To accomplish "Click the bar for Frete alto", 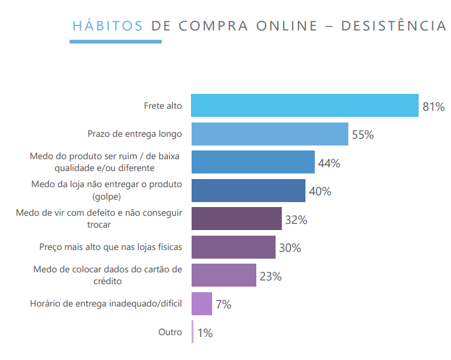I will pyautogui.click(x=304, y=106).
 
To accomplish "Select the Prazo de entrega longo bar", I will pyautogui.click(x=269, y=134).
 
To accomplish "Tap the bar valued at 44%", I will pyautogui.click(x=253, y=162).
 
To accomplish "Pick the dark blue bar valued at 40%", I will pyautogui.click(x=248, y=191).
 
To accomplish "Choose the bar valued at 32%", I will pyautogui.click(x=236, y=219).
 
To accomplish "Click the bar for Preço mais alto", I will pyautogui.click(x=233, y=247).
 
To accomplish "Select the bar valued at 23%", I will pyautogui.click(x=223, y=275).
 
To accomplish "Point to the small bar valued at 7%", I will pyautogui.click(x=202, y=304).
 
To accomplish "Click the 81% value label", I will pyautogui.click(x=434, y=107).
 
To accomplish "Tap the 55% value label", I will pyautogui.click(x=363, y=135).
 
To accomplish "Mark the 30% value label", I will pyautogui.click(x=290, y=248).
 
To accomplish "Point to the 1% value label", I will pyautogui.click(x=205, y=333).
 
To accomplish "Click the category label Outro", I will pyautogui.click(x=170, y=332).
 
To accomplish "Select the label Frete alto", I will pyautogui.click(x=163, y=106).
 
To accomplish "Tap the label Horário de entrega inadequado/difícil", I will pyautogui.click(x=106, y=304).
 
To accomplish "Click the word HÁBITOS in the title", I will pyautogui.click(x=108, y=25).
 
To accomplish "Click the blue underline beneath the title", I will pyautogui.click(x=115, y=42).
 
